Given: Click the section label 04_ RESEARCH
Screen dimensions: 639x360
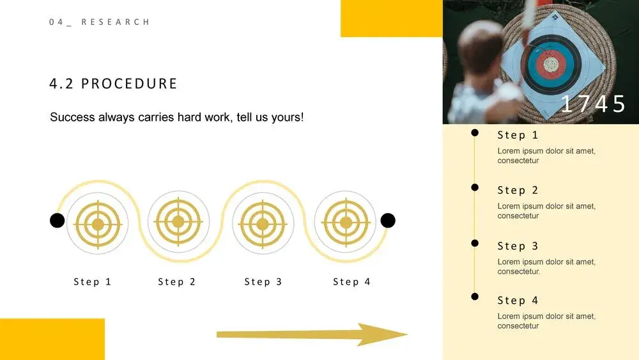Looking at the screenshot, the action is (100, 22).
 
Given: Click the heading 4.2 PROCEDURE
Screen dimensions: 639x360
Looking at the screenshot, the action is (113, 84).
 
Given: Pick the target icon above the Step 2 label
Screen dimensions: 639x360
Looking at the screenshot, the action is (178, 222).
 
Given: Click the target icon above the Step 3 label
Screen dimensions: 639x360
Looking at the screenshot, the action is (263, 223).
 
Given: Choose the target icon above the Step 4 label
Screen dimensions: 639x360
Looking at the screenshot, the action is (346, 223).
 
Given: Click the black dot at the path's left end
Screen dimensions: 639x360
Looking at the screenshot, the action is (57, 221).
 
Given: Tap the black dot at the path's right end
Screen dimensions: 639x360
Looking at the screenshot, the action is (388, 221).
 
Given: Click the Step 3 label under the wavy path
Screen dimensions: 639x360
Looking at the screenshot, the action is (263, 282).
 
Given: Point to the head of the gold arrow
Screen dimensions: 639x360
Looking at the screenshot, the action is (406, 334).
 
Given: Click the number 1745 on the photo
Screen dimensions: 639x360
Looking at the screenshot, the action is (593, 104).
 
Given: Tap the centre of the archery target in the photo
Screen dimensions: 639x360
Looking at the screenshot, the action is (551, 64).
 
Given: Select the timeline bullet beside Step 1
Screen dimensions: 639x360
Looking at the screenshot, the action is (475, 132).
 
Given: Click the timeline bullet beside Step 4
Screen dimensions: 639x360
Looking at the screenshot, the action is (475, 297).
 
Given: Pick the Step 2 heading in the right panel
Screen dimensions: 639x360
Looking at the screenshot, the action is (518, 191).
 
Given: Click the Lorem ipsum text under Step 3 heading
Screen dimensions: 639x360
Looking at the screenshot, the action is (546, 267).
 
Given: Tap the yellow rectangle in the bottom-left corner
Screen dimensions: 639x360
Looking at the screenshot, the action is (52, 339).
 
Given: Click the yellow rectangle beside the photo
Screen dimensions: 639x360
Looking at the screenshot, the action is (391, 19).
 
